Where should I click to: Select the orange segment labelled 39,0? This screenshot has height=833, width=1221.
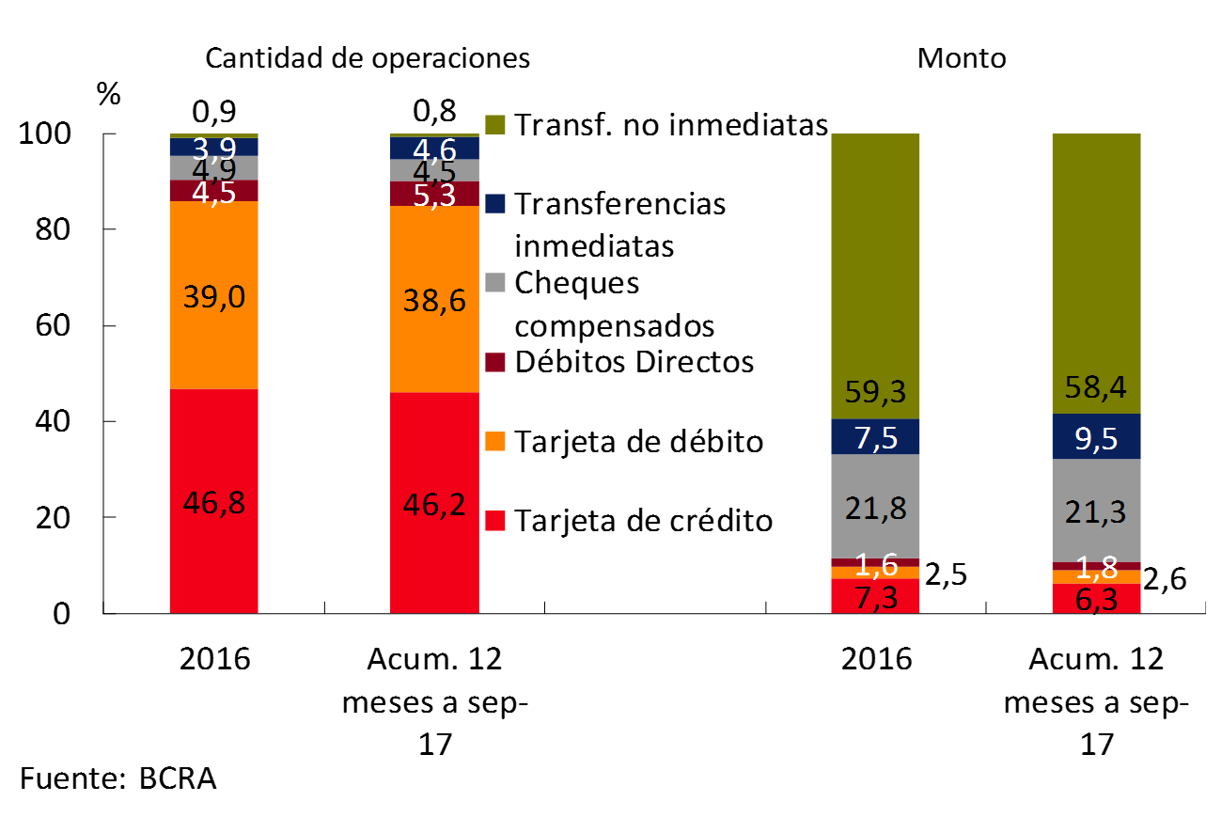pos(215,297)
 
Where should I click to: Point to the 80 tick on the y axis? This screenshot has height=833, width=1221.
pos(57,230)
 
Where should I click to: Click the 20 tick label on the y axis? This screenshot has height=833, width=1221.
pos(57,518)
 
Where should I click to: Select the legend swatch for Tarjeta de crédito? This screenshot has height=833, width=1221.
pos(497,521)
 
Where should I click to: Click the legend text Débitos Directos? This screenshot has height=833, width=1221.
pos(634,362)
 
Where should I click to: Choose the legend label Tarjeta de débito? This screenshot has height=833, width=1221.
pos(639,441)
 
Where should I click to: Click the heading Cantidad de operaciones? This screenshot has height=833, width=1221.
pos(368,58)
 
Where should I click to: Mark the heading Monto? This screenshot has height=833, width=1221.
pos(962,58)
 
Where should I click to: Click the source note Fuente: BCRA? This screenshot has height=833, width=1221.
pos(117,779)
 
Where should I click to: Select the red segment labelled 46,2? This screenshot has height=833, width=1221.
pos(435,503)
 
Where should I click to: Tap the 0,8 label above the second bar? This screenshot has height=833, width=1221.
pos(435,112)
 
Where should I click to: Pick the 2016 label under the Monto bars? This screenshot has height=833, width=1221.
pos(875,658)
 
